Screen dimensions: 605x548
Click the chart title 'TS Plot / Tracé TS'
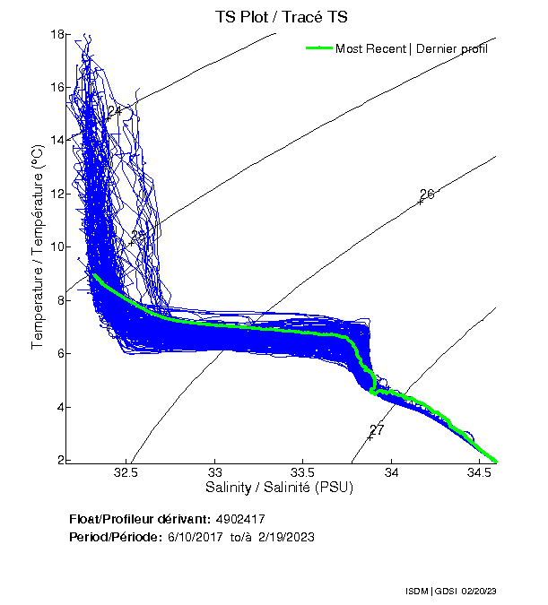pyautogui.click(x=283, y=17)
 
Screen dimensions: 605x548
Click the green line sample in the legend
pyautogui.click(x=318, y=48)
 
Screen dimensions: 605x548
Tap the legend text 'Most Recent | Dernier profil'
pyautogui.click(x=412, y=48)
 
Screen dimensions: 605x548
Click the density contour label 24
pyautogui.click(x=114, y=111)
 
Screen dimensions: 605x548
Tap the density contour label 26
pyautogui.click(x=427, y=194)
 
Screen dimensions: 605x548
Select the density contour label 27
pyautogui.click(x=377, y=430)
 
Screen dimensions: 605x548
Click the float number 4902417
pyautogui.click(x=239, y=519)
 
